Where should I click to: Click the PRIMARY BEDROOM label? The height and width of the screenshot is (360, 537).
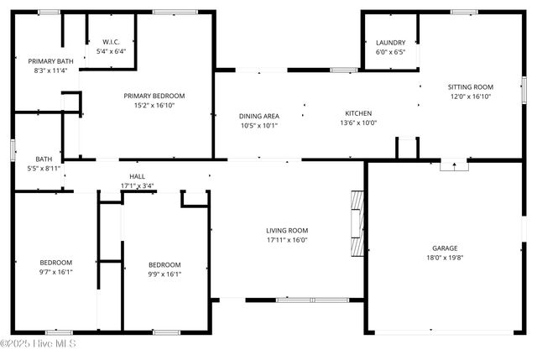click(154, 96)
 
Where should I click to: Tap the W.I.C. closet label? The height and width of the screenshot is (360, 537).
click(112, 42)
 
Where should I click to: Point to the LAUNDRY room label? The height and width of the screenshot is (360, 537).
click(390, 43)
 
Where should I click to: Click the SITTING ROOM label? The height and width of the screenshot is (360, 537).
click(470, 86)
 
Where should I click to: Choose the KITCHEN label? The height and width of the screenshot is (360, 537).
click(358, 113)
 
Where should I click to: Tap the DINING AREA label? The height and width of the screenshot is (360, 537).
click(259, 116)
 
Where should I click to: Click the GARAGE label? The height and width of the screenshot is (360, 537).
click(444, 248)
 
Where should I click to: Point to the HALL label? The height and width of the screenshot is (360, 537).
click(137, 176)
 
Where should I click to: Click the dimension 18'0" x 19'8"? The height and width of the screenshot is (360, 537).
click(444, 258)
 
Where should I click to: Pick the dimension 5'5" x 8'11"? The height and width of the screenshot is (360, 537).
click(44, 169)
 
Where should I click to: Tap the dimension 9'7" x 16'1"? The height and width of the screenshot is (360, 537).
click(56, 272)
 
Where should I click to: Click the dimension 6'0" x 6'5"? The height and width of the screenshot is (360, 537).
click(390, 52)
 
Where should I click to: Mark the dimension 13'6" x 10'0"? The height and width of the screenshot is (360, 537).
click(358, 123)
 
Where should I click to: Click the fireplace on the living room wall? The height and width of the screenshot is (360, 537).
click(358, 222)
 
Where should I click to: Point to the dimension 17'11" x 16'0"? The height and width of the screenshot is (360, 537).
click(287, 240)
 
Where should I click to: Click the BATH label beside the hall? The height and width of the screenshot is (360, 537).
click(44, 159)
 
